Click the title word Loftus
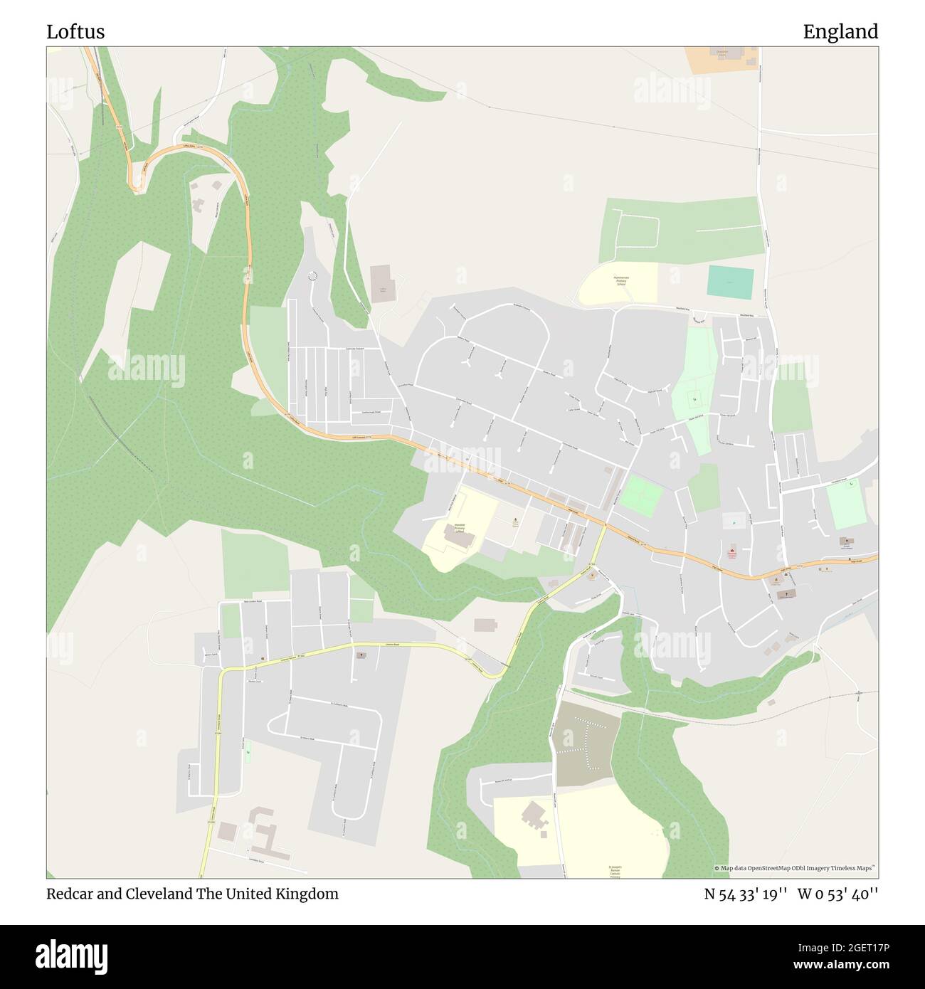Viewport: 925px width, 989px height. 75,32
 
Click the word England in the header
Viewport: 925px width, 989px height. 840,32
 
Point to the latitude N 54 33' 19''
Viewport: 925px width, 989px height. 744,894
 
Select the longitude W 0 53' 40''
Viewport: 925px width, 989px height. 837,894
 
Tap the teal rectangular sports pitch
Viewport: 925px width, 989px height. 730,283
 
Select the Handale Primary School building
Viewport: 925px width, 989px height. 459,535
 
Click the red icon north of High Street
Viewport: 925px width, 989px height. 731,551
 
